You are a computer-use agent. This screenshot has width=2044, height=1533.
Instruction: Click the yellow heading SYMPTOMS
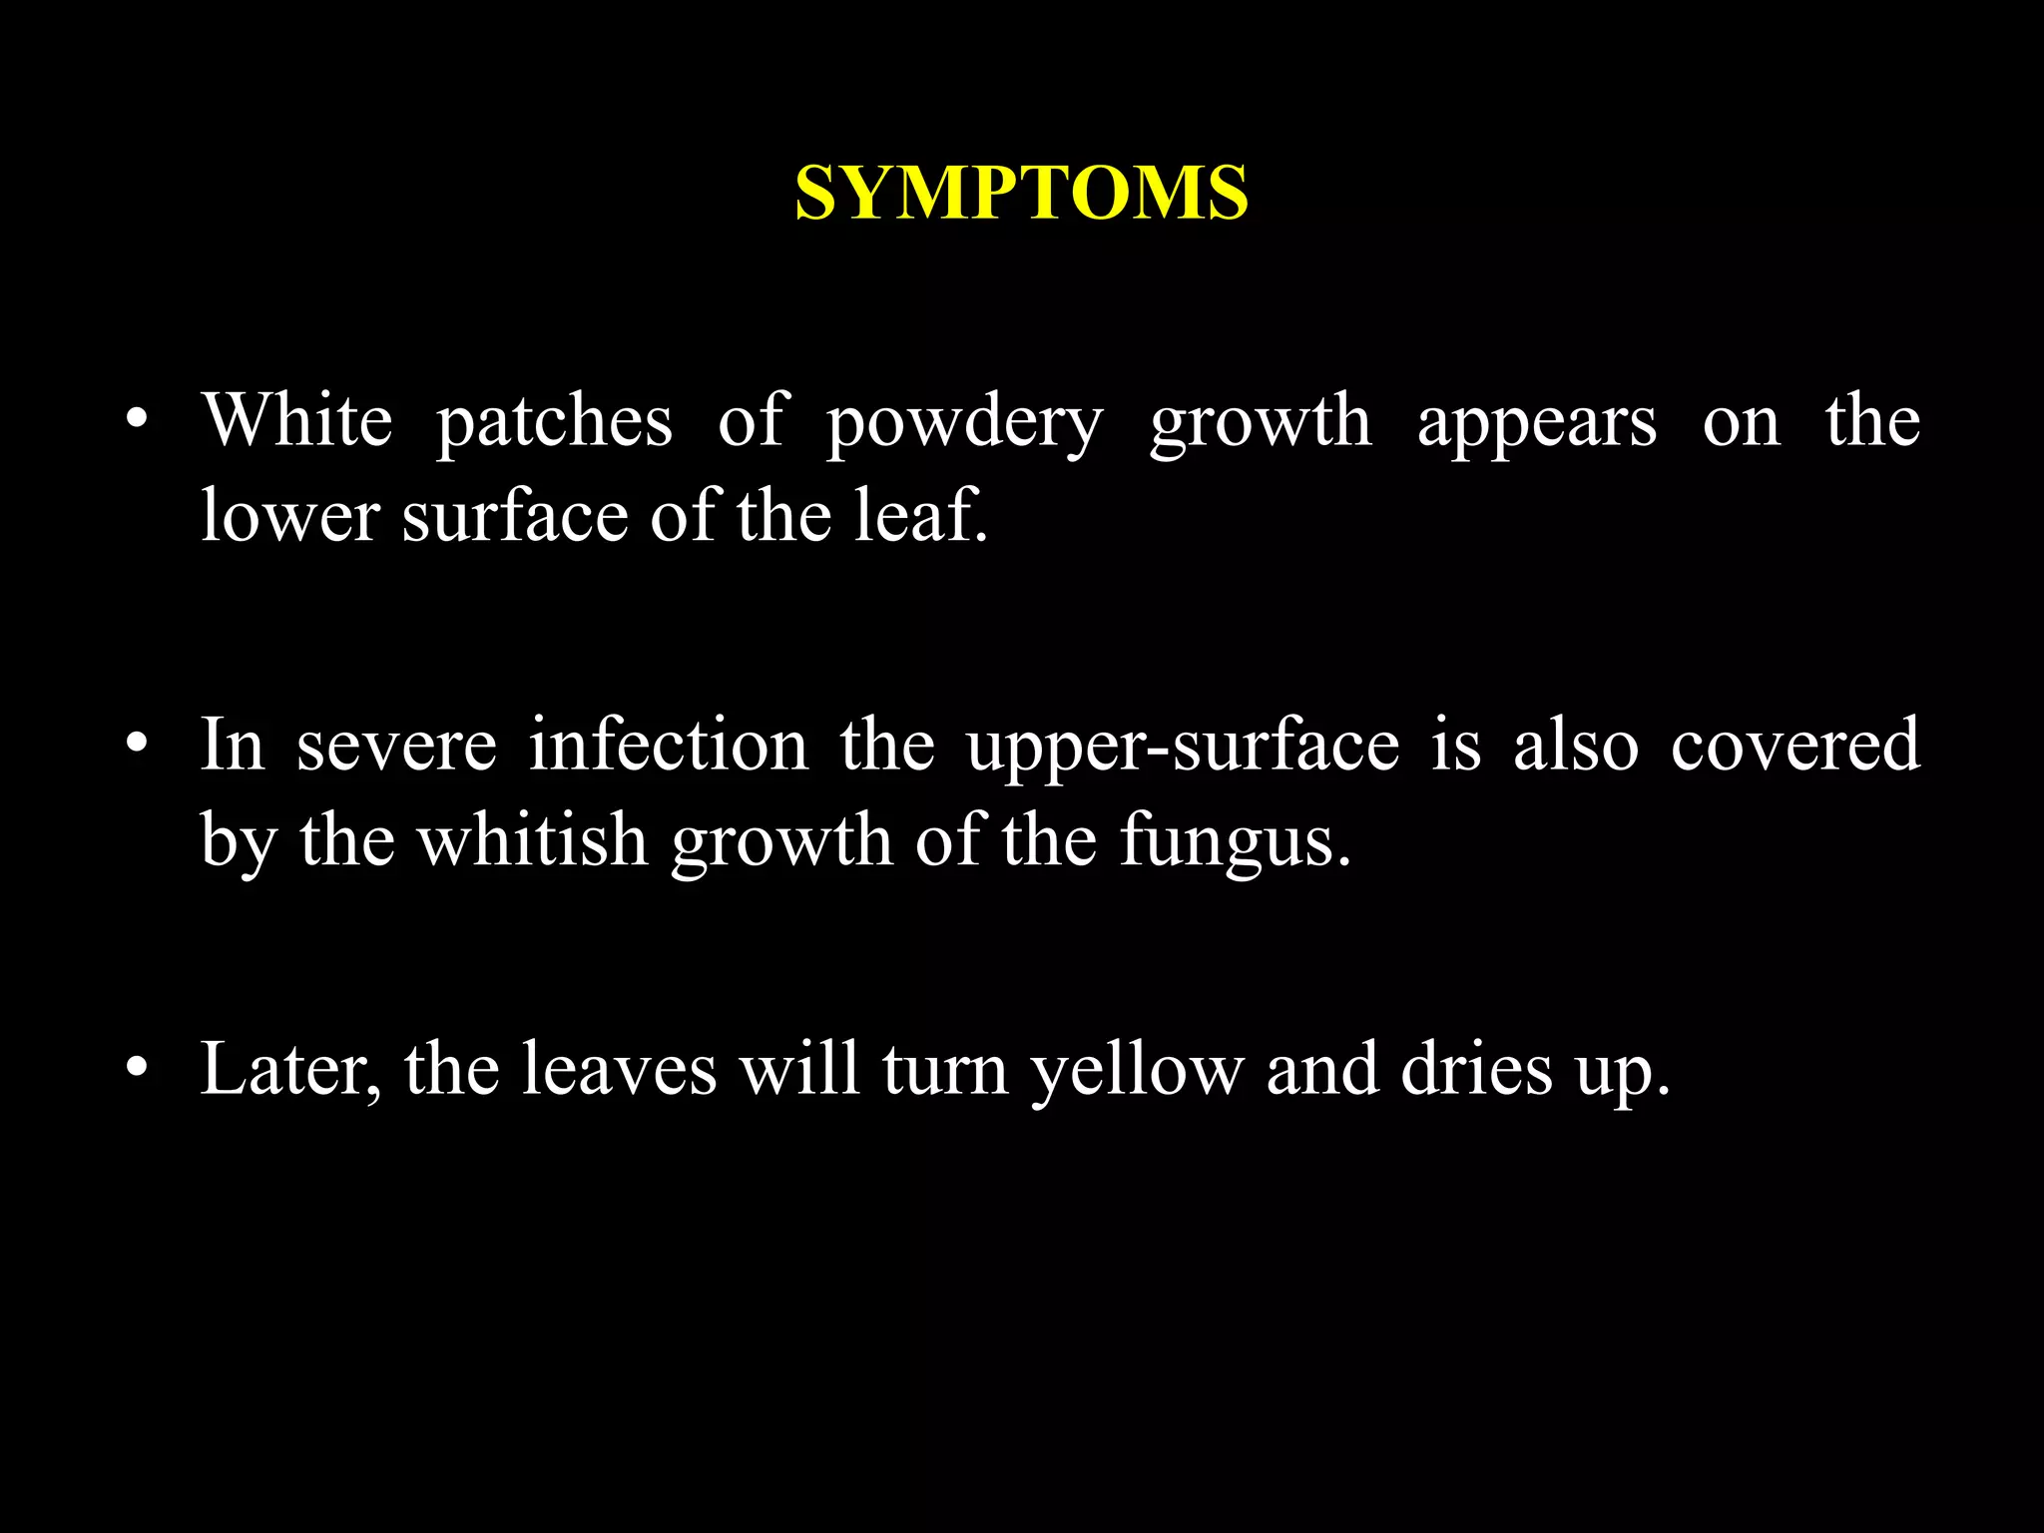point(1021,192)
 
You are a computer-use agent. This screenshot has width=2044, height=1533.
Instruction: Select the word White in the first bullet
point(297,420)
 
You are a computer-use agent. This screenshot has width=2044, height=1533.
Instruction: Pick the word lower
point(290,517)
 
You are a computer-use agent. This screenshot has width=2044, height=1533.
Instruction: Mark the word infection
point(668,745)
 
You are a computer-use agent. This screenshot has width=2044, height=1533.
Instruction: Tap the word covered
point(1794,745)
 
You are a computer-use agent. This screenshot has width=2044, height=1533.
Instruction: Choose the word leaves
point(620,1070)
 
